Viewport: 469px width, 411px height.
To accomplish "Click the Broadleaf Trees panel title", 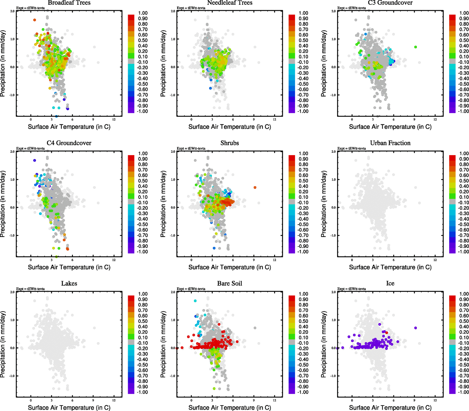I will pyautogui.click(x=69, y=3).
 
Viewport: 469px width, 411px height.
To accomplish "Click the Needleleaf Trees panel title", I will pyautogui.click(x=230, y=3).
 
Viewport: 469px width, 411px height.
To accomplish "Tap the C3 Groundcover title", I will pyautogui.click(x=390, y=3).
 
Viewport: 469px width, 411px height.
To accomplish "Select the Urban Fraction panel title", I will pyautogui.click(x=390, y=143).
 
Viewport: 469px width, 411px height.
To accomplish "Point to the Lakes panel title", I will pyautogui.click(x=69, y=284).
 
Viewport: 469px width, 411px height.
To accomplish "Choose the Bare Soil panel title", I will pyautogui.click(x=230, y=284).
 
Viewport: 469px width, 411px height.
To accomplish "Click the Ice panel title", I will pyautogui.click(x=390, y=284).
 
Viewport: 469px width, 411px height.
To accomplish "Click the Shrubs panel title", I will pyautogui.click(x=230, y=143).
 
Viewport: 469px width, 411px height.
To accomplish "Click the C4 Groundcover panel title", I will pyautogui.click(x=69, y=143).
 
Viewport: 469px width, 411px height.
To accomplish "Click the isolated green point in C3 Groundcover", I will pyautogui.click(x=416, y=47).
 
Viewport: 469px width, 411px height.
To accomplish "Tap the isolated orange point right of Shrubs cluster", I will pyautogui.click(x=255, y=187).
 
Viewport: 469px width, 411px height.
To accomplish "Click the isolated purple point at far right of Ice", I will pyautogui.click(x=416, y=328).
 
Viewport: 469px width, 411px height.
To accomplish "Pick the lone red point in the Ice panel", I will pyautogui.click(x=387, y=333).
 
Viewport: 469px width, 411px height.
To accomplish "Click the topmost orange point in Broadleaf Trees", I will pyautogui.click(x=35, y=20).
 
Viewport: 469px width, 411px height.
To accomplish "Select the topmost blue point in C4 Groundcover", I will pyautogui.click(x=35, y=160).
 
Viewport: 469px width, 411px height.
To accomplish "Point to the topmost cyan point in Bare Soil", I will pyautogui.click(x=195, y=301).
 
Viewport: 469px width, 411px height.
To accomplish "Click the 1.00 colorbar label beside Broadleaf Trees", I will pyautogui.click(x=143, y=13).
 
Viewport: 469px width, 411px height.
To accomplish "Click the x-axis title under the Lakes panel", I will pyautogui.click(x=69, y=408).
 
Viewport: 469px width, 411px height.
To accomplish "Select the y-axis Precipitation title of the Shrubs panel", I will pyautogui.click(x=163, y=204).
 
